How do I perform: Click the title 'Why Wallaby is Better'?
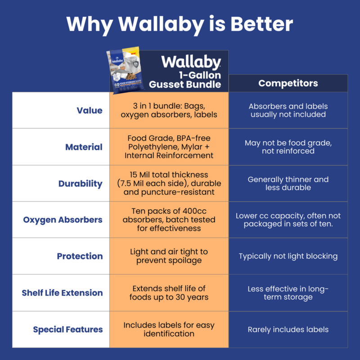pyautogui.click(x=180, y=25)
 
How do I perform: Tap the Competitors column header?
pyautogui.click(x=288, y=83)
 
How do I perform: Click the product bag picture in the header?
pyautogui.click(x=126, y=70)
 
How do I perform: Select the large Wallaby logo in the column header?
pyautogui.click(x=191, y=62)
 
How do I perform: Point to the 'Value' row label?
pyautogui.click(x=90, y=110)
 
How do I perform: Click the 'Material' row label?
pyautogui.click(x=84, y=147)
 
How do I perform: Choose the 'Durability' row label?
pyautogui.click(x=81, y=184)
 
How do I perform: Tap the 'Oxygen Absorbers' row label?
pyautogui.click(x=63, y=220)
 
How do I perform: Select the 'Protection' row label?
pyautogui.click(x=80, y=256)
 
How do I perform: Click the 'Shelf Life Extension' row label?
pyautogui.click(x=62, y=293)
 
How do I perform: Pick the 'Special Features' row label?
pyautogui.click(x=68, y=329)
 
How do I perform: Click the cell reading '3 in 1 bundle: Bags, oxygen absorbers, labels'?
pyautogui.click(x=169, y=110)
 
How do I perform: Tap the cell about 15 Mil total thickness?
pyautogui.click(x=169, y=183)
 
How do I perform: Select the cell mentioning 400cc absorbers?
pyautogui.click(x=169, y=220)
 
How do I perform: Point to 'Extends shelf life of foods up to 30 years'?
pyautogui.click(x=169, y=293)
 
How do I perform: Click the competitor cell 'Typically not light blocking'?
pyautogui.click(x=288, y=256)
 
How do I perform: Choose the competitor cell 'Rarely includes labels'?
pyautogui.click(x=288, y=329)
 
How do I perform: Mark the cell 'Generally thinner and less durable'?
pyautogui.click(x=288, y=184)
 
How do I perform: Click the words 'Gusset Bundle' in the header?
pyautogui.click(x=185, y=85)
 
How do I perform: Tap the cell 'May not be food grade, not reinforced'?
pyautogui.click(x=288, y=147)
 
